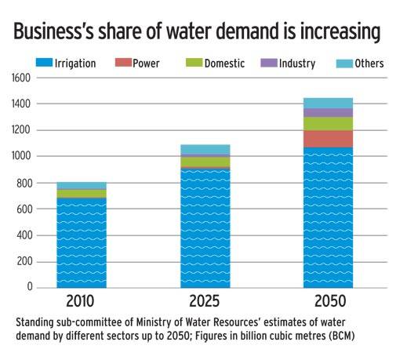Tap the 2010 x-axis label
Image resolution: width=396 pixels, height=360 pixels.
82,302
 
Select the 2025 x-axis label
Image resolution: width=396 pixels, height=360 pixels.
205,302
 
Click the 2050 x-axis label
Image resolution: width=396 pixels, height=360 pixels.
328,302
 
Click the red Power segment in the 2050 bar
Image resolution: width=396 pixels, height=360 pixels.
329,139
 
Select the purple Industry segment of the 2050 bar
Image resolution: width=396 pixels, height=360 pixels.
329,113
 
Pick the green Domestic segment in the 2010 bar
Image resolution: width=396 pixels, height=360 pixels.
82,193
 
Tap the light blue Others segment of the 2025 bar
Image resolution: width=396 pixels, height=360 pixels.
205,150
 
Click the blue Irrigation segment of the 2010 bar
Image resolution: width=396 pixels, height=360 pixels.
82,243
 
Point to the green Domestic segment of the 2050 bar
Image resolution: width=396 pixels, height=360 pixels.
329,124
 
